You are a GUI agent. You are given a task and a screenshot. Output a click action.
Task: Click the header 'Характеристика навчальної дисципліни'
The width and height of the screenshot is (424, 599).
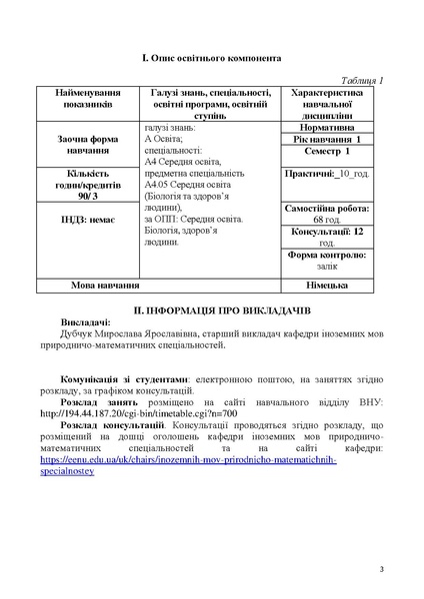(332, 103)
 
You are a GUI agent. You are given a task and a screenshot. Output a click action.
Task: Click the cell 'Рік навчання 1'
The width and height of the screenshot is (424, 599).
(332, 140)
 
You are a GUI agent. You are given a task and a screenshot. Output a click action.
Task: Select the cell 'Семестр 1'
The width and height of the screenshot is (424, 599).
(332, 152)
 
